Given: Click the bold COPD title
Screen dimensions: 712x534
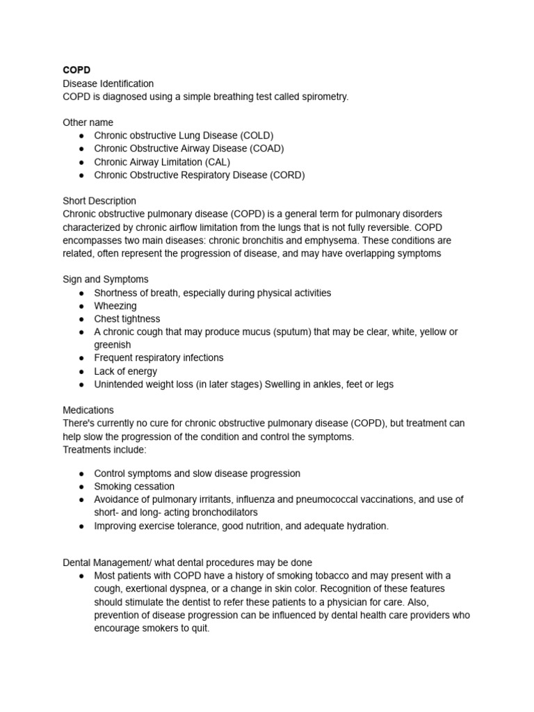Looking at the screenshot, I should (x=76, y=70).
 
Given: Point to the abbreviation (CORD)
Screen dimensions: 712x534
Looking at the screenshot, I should (x=286, y=175).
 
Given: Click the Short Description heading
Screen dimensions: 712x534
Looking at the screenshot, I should (x=99, y=201).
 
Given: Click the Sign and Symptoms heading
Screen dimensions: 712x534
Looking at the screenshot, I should (x=106, y=280).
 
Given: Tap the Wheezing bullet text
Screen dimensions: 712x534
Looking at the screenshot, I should (x=115, y=306).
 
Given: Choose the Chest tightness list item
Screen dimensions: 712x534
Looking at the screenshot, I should (x=127, y=319).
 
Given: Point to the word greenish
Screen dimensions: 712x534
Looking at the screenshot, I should (x=113, y=345).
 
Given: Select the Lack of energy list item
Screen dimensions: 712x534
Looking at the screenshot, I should (x=126, y=371).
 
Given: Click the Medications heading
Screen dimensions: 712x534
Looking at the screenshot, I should (x=88, y=410).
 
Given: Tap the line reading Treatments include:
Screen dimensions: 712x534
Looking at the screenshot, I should (x=105, y=450).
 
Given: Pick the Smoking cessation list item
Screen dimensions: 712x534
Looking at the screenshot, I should (x=134, y=487).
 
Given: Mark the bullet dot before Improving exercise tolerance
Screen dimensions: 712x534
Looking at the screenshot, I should (x=81, y=526).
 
